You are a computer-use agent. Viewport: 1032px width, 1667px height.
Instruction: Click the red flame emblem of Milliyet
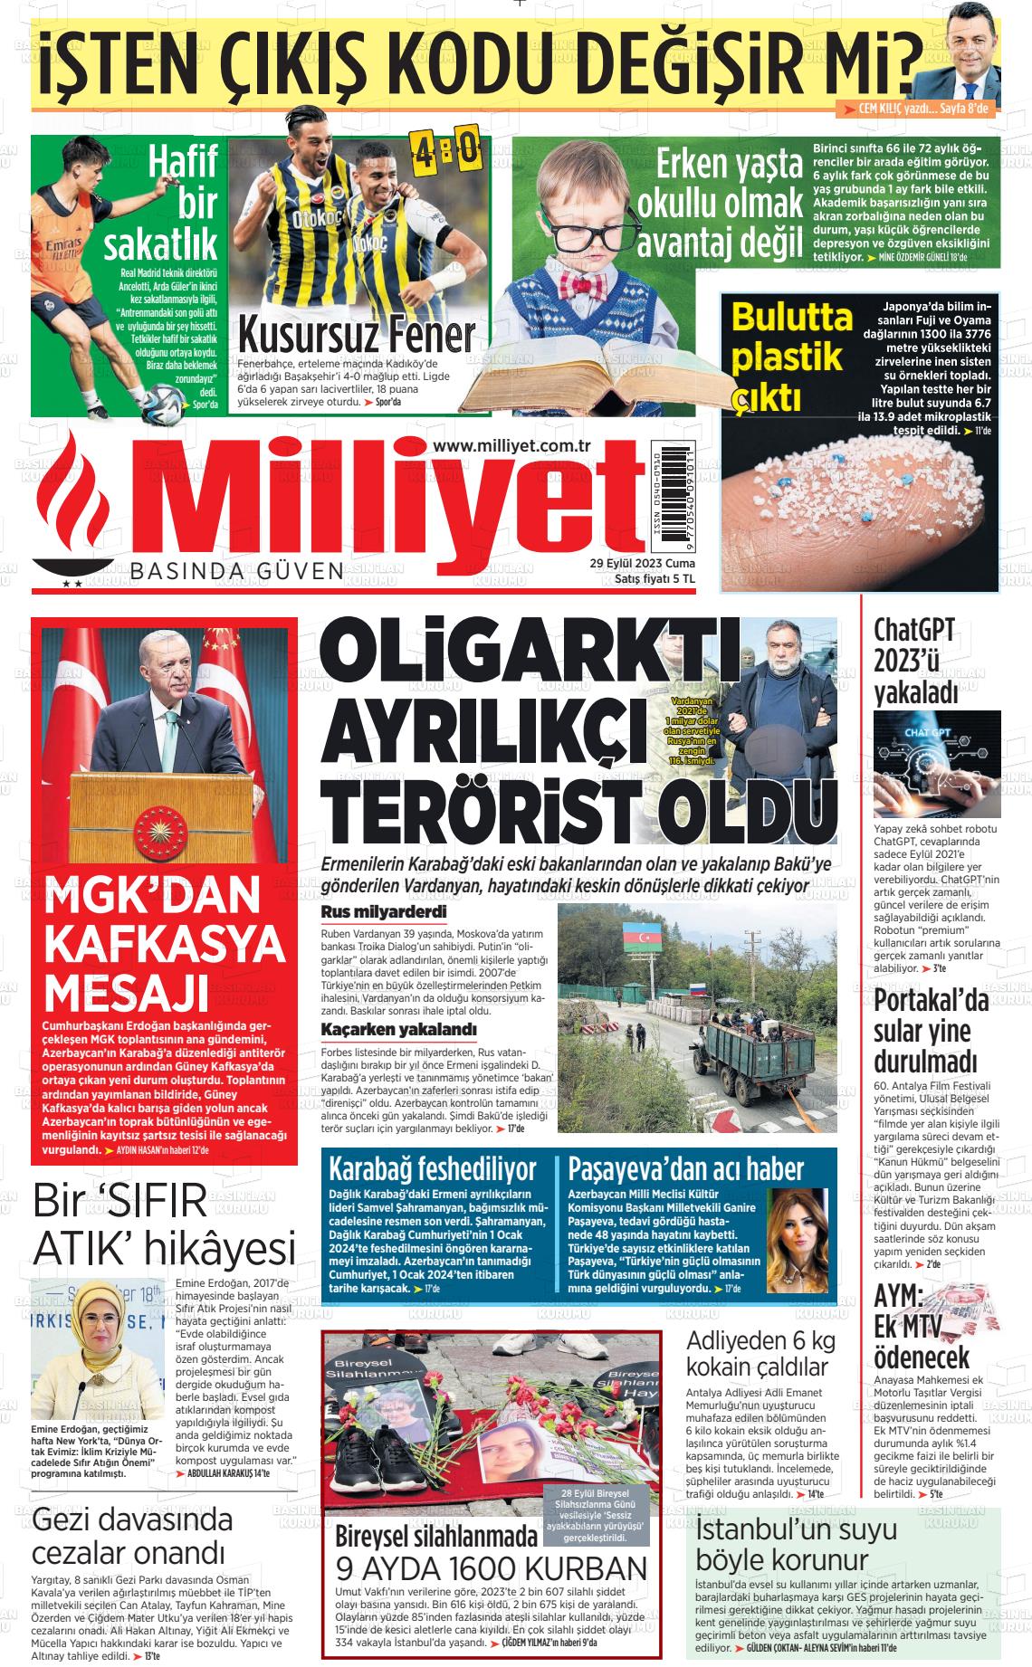point(78,502)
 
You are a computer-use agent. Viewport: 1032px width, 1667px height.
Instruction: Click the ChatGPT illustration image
point(937,764)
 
